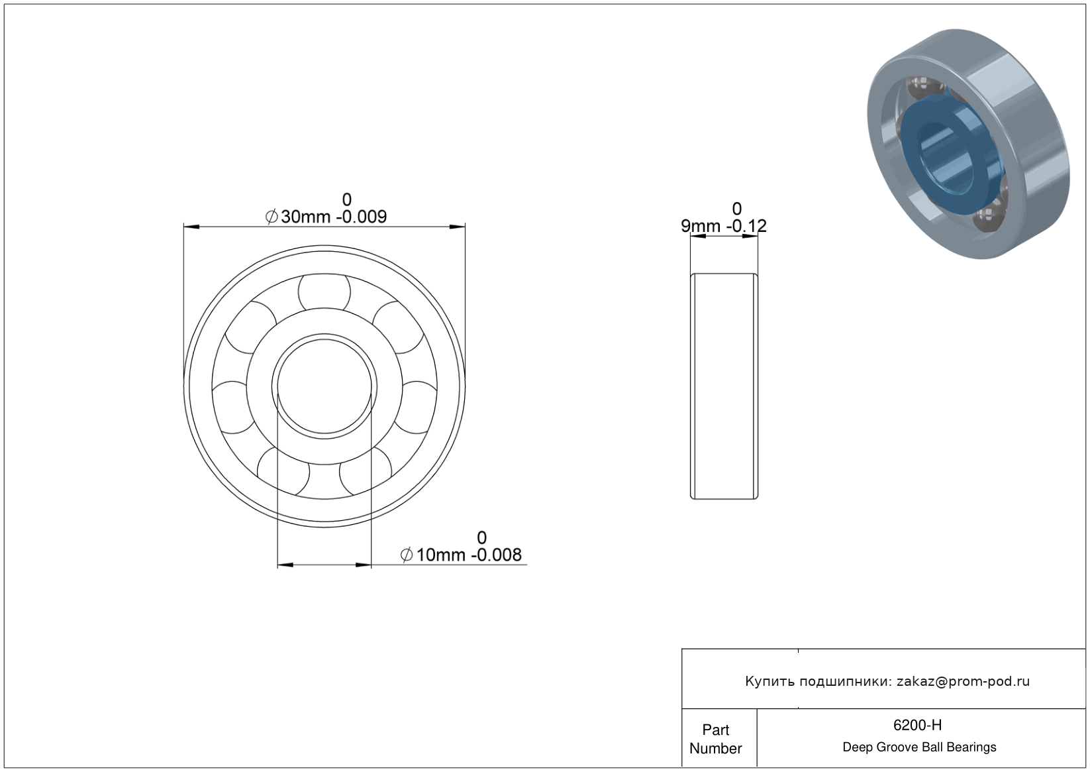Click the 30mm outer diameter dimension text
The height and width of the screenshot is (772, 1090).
[x=306, y=217]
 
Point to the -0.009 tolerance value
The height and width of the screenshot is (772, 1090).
[x=361, y=217]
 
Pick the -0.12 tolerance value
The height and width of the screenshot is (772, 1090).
[x=746, y=226]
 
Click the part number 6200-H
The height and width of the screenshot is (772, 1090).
[x=917, y=725]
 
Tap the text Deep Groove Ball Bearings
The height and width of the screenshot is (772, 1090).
[x=919, y=747]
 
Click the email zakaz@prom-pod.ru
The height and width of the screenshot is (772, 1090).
[x=963, y=681]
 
